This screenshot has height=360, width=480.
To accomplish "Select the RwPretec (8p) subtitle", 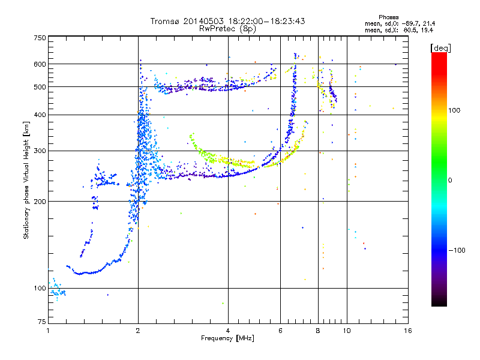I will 228,28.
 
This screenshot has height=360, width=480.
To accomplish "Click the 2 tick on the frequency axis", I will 138,331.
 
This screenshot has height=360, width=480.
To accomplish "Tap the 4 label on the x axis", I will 228,331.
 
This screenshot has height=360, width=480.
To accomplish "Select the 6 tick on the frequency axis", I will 280,331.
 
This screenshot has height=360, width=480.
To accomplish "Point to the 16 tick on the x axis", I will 407,331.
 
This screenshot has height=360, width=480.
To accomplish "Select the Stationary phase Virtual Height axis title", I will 26,180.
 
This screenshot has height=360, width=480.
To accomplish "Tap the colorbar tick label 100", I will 457,111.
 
